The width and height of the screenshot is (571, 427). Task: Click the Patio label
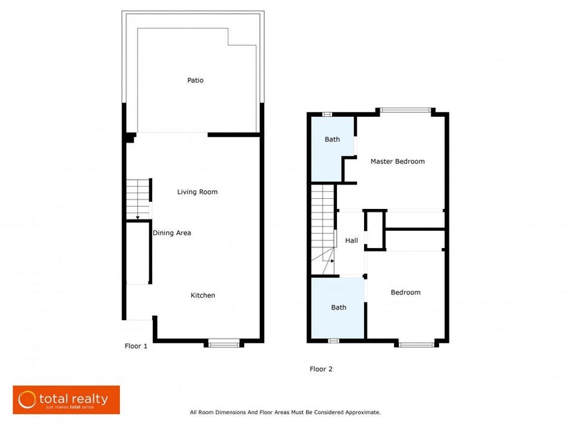point(195,81)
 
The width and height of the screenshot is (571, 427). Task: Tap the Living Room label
point(198,192)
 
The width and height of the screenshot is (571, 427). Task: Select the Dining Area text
point(171,233)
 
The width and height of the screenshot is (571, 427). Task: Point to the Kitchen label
point(203,295)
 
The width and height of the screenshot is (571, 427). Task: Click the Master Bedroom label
point(397,162)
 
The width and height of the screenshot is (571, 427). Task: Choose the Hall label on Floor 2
point(352,241)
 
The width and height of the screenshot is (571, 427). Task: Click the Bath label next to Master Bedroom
point(333,140)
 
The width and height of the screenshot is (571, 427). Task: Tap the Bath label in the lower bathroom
point(338,307)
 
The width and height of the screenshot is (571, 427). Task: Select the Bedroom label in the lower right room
point(405,292)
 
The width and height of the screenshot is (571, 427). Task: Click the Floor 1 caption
point(135,346)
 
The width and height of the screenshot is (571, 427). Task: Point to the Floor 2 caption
point(320,369)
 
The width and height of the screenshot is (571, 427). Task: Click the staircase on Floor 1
point(138,199)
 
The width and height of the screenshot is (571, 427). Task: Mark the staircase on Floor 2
point(323,228)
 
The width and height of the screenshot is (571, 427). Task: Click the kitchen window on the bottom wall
point(222,344)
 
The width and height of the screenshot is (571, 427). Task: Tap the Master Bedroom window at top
point(405,110)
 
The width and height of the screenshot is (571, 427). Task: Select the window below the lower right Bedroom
point(417,344)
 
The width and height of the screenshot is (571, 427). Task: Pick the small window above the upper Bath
point(327,113)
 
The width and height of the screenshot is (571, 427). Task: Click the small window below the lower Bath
point(333,341)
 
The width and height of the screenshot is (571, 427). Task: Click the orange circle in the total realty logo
point(28,400)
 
